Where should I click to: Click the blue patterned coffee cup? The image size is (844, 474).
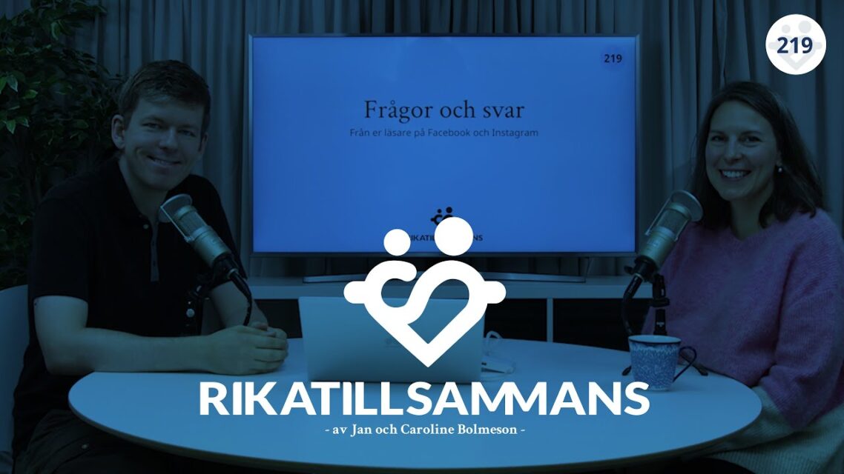655,361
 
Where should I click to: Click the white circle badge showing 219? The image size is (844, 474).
795,45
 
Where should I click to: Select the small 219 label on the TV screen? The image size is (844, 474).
613,59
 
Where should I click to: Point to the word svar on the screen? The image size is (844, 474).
501,110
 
